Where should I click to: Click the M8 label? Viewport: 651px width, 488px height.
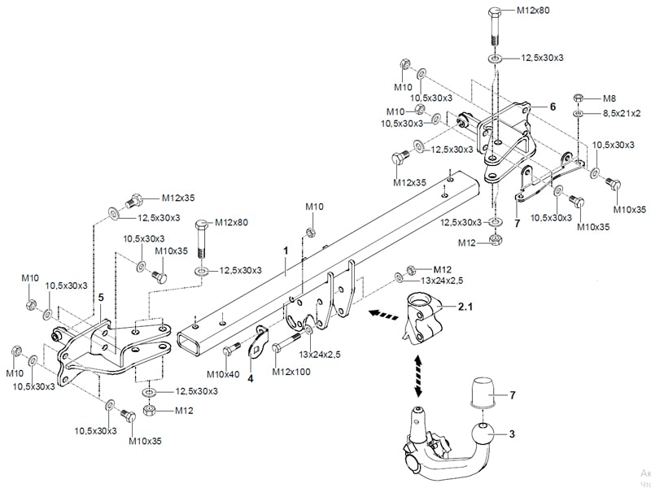click(x=609, y=97)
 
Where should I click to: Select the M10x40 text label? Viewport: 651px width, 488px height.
click(x=221, y=373)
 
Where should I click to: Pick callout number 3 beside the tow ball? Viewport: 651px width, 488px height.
click(x=513, y=434)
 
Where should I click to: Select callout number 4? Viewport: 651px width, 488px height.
click(x=251, y=377)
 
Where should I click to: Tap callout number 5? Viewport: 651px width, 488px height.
click(x=101, y=298)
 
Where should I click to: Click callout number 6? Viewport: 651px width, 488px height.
click(x=552, y=107)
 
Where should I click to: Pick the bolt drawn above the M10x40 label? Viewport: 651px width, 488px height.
click(x=231, y=350)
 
